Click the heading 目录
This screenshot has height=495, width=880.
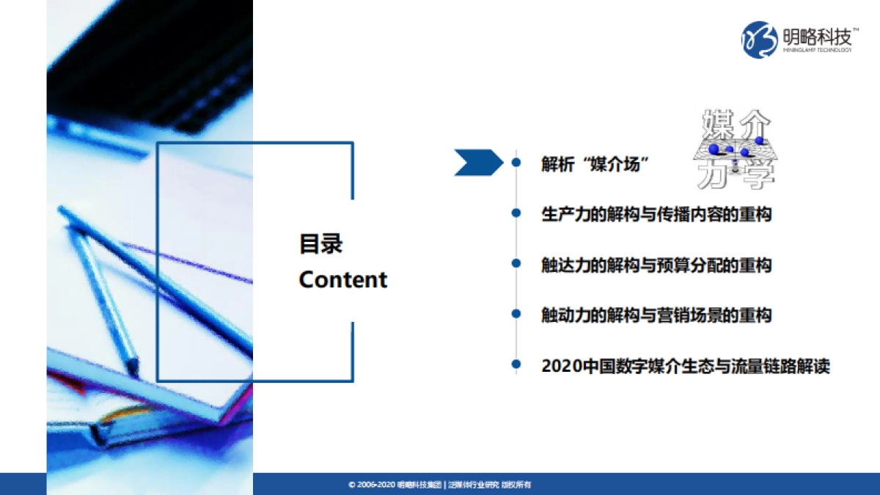[320, 244]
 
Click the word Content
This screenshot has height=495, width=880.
[342, 279]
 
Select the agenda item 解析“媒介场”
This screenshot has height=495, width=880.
[596, 164]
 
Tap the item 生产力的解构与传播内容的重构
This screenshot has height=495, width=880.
[656, 214]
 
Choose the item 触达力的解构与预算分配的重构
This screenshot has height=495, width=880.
[656, 265]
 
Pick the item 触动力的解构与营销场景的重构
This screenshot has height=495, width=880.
[656, 315]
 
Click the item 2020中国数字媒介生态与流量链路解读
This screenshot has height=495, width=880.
[685, 365]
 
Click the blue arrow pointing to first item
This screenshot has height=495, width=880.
[477, 163]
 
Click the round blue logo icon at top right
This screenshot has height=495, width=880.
[759, 39]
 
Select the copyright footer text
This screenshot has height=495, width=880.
[439, 485]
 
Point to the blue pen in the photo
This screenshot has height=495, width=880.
[103, 293]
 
